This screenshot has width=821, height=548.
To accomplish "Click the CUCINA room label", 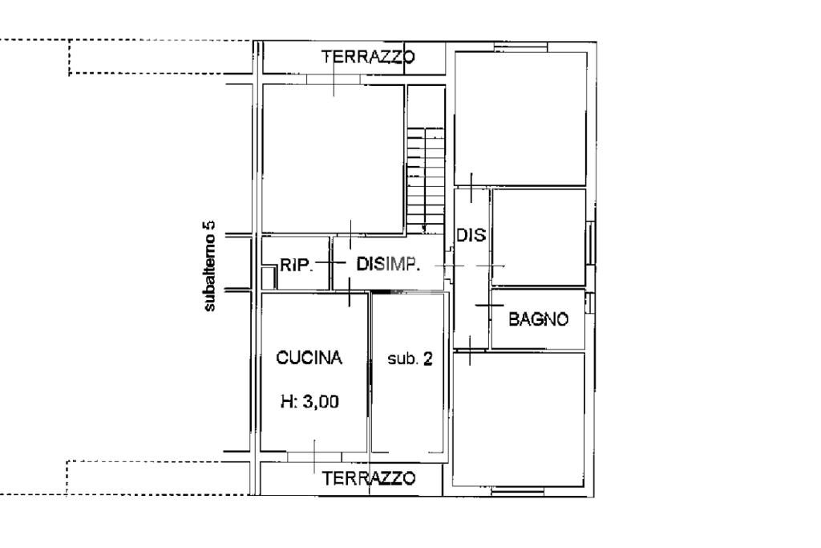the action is pyautogui.click(x=309, y=358).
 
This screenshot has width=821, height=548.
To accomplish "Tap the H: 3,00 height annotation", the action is pyautogui.click(x=310, y=402).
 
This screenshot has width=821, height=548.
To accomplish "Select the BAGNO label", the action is pyautogui.click(x=538, y=319).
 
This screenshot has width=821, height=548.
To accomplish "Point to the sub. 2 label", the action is pyautogui.click(x=410, y=359).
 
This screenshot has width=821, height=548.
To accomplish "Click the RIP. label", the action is pyautogui.click(x=297, y=265).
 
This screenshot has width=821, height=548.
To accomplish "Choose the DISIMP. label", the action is pyautogui.click(x=388, y=264).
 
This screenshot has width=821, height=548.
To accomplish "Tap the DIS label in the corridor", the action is pyautogui.click(x=471, y=235).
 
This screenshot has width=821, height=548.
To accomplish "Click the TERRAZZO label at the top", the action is pyautogui.click(x=368, y=57).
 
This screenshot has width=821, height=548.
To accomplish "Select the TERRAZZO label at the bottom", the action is pyautogui.click(x=369, y=478).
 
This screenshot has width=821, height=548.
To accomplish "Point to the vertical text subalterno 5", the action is pyautogui.click(x=209, y=266).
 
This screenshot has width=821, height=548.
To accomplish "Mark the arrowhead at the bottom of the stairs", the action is pyautogui.click(x=424, y=229).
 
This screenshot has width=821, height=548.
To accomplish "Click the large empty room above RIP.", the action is pyautogui.click(x=333, y=159).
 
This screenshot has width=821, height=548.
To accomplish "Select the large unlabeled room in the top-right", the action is pyautogui.click(x=520, y=119).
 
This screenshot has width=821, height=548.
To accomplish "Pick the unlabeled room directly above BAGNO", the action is pyautogui.click(x=539, y=237).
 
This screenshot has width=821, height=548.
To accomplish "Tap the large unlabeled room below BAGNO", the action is pyautogui.click(x=519, y=420).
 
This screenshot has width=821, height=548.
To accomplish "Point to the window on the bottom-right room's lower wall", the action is pyautogui.click(x=518, y=491).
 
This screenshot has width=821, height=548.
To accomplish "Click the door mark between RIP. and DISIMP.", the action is pyautogui.click(x=330, y=262).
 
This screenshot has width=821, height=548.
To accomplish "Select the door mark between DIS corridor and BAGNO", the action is pyautogui.click(x=490, y=305).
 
